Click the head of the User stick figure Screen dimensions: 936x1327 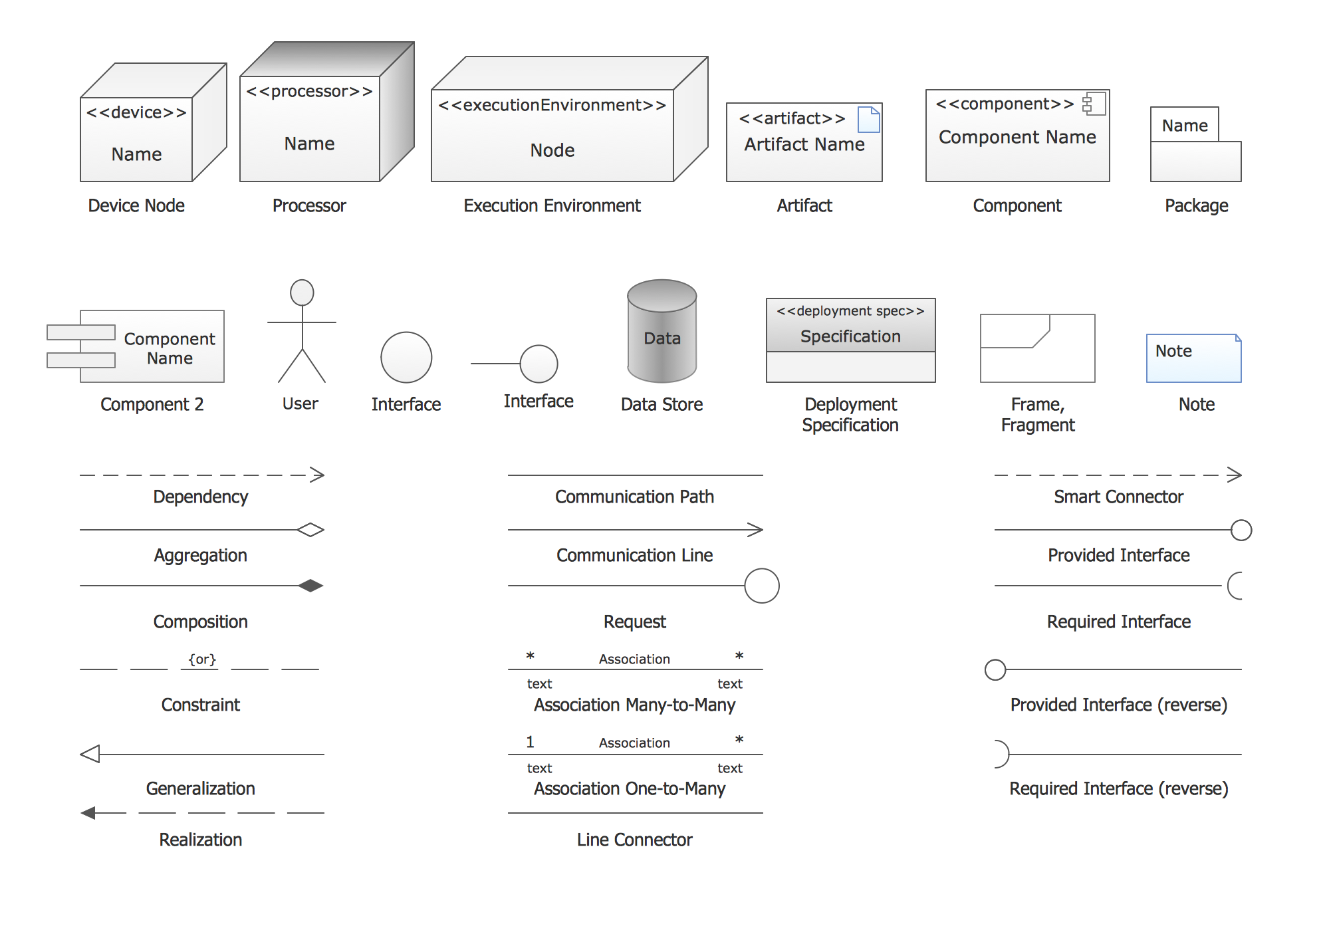pyautogui.click(x=302, y=292)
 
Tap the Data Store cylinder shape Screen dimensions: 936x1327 pyautogui.click(x=662, y=332)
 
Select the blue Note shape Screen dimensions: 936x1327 pyautogui.click(x=1193, y=358)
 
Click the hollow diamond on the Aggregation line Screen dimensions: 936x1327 pyautogui.click(x=310, y=530)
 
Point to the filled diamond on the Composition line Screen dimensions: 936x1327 pyautogui.click(x=310, y=586)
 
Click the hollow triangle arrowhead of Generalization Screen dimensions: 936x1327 pyautogui.click(x=90, y=754)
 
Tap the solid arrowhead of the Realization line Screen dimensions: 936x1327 pyautogui.click(x=88, y=812)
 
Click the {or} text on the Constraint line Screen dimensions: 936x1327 pyautogui.click(x=201, y=659)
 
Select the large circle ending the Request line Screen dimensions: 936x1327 pyautogui.click(x=761, y=586)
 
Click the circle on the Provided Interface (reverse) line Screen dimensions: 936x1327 pyautogui.click(x=995, y=669)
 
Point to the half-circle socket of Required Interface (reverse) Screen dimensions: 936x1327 pyautogui.click(x=1001, y=754)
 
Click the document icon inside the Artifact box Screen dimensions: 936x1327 pyautogui.click(x=868, y=120)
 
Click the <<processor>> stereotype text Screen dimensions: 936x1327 pyautogui.click(x=309, y=91)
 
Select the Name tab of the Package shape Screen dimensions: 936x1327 pyautogui.click(x=1184, y=125)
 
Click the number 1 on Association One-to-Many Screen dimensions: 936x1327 pyautogui.click(x=530, y=741)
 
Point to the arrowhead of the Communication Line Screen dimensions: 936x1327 pyautogui.click(x=755, y=530)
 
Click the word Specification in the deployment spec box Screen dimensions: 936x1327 pyautogui.click(x=850, y=336)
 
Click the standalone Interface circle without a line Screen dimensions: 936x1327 pyautogui.click(x=406, y=358)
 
